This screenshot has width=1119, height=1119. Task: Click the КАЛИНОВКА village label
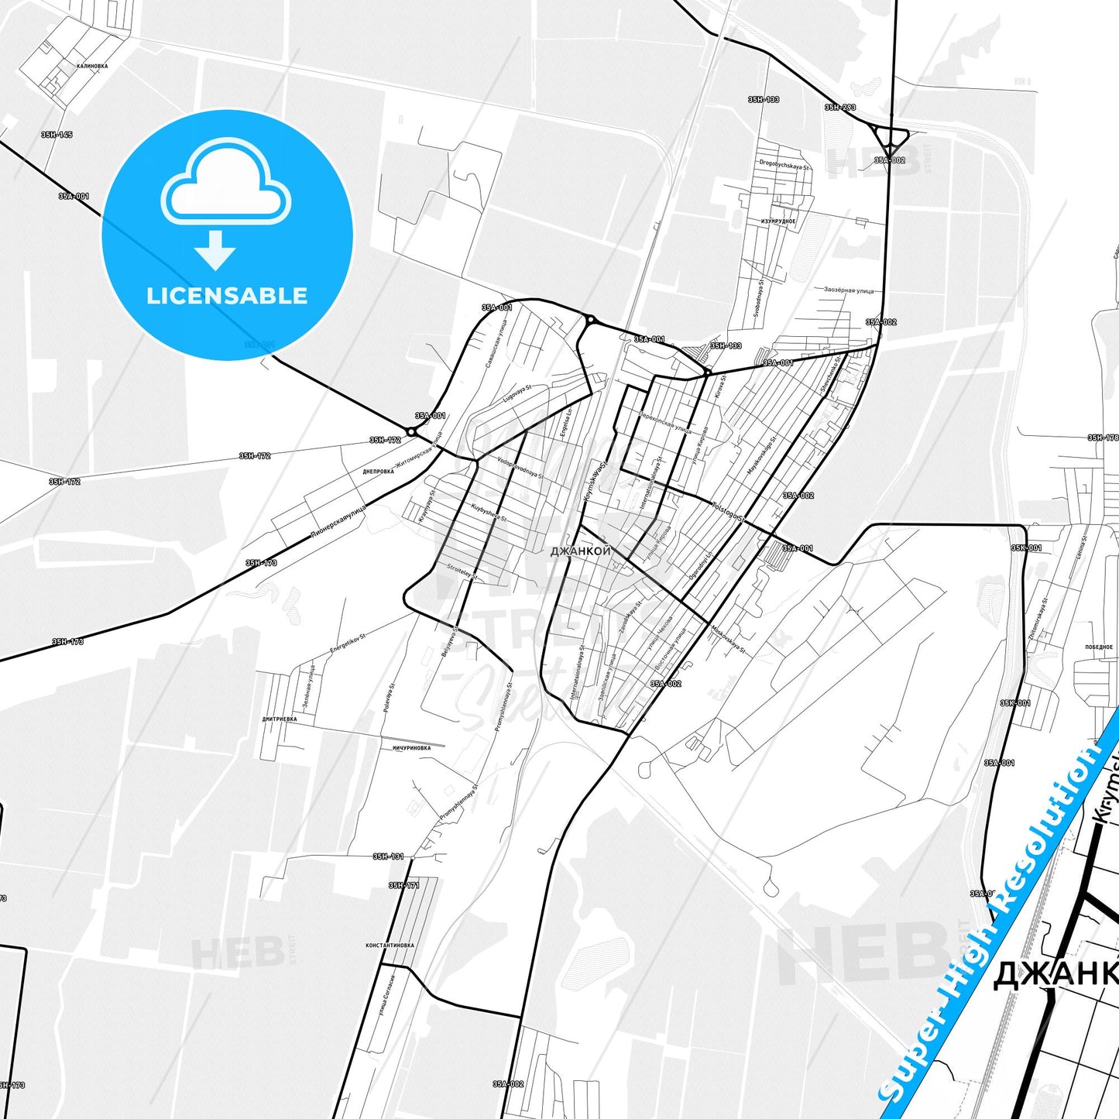92,67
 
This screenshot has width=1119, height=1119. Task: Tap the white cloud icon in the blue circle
226,184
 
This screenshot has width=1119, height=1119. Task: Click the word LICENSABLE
227,296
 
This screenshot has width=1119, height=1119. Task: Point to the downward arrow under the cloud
215,250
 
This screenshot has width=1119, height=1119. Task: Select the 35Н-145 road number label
57,135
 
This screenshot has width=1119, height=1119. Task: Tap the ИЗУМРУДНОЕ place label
777,221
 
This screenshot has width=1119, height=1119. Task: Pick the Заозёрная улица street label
849,291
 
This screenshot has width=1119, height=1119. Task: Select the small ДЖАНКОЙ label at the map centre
581,551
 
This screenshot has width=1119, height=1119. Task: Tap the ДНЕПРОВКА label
378,472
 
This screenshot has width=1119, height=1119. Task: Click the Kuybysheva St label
488,513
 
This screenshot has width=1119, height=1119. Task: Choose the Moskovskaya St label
729,639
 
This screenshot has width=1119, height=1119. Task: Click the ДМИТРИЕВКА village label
279,719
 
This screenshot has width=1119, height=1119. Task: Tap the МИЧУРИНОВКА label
411,748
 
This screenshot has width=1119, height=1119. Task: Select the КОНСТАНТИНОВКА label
390,946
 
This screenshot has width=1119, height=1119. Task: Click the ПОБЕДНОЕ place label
1098,647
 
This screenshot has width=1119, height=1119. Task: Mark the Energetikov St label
348,643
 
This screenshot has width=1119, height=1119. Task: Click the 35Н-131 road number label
388,856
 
